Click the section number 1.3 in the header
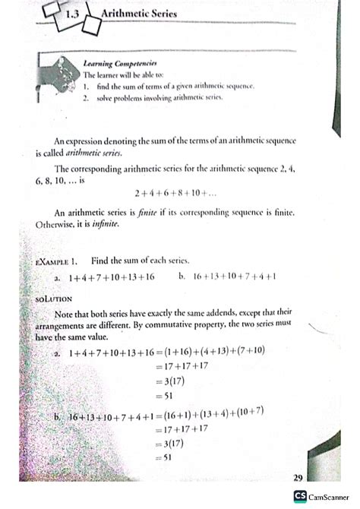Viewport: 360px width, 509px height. coord(74,13)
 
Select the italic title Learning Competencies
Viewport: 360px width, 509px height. coord(119,64)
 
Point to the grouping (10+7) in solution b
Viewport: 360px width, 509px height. coord(248,411)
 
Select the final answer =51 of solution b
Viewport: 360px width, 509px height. coord(165,457)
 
